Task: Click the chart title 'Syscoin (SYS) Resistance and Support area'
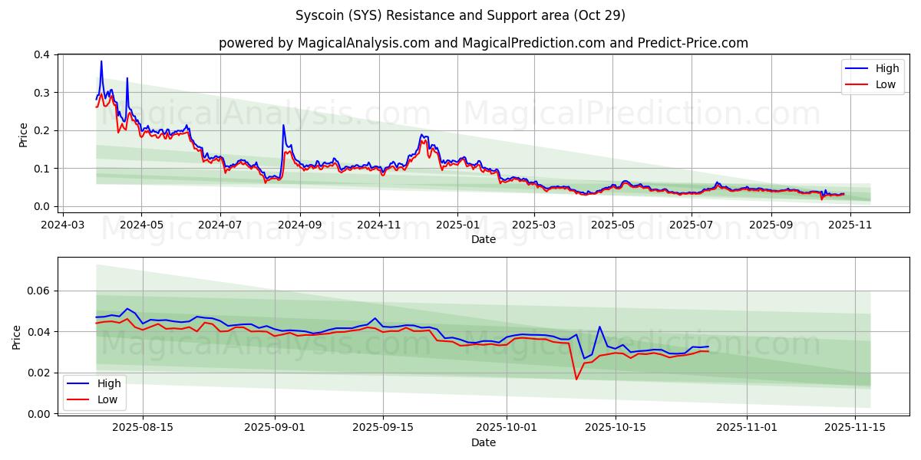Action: point(460,15)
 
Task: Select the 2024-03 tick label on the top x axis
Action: point(62,225)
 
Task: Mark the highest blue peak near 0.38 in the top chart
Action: point(101,61)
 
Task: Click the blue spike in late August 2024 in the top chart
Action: point(283,125)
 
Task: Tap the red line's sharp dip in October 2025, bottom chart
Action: point(576,379)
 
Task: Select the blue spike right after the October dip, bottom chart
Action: point(599,327)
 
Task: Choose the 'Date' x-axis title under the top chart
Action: point(484,239)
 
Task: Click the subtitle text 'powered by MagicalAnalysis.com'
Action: point(324,43)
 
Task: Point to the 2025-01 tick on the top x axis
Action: point(457,225)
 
